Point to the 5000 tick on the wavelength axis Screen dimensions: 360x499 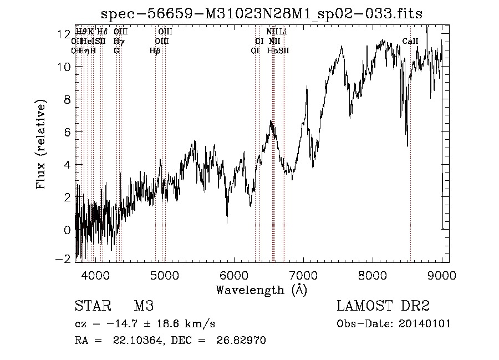pyautogui.click(x=165, y=274)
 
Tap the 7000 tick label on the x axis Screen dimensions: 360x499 pyautogui.click(x=303, y=274)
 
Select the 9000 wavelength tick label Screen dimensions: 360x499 pyautogui.click(x=442, y=274)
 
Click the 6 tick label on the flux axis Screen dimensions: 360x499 pyautogui.click(x=67, y=132)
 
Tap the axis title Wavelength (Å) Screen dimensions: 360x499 pyautogui.click(x=261, y=290)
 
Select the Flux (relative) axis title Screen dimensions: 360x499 pyautogui.click(x=41, y=145)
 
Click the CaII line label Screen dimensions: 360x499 pyautogui.click(x=410, y=42)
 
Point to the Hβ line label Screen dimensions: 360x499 pyautogui.click(x=155, y=50)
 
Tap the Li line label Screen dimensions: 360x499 pyautogui.click(x=283, y=32)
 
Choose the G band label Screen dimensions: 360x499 pyautogui.click(x=116, y=50)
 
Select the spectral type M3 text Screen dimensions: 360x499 pyautogui.click(x=143, y=306)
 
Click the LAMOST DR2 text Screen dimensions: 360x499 pyautogui.click(x=383, y=306)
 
